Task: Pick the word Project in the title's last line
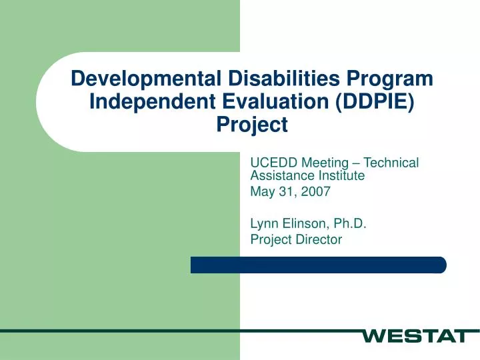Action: click(x=253, y=125)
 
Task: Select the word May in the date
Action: click(x=262, y=192)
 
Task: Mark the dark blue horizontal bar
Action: click(x=318, y=265)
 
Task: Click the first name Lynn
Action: click(x=264, y=224)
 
